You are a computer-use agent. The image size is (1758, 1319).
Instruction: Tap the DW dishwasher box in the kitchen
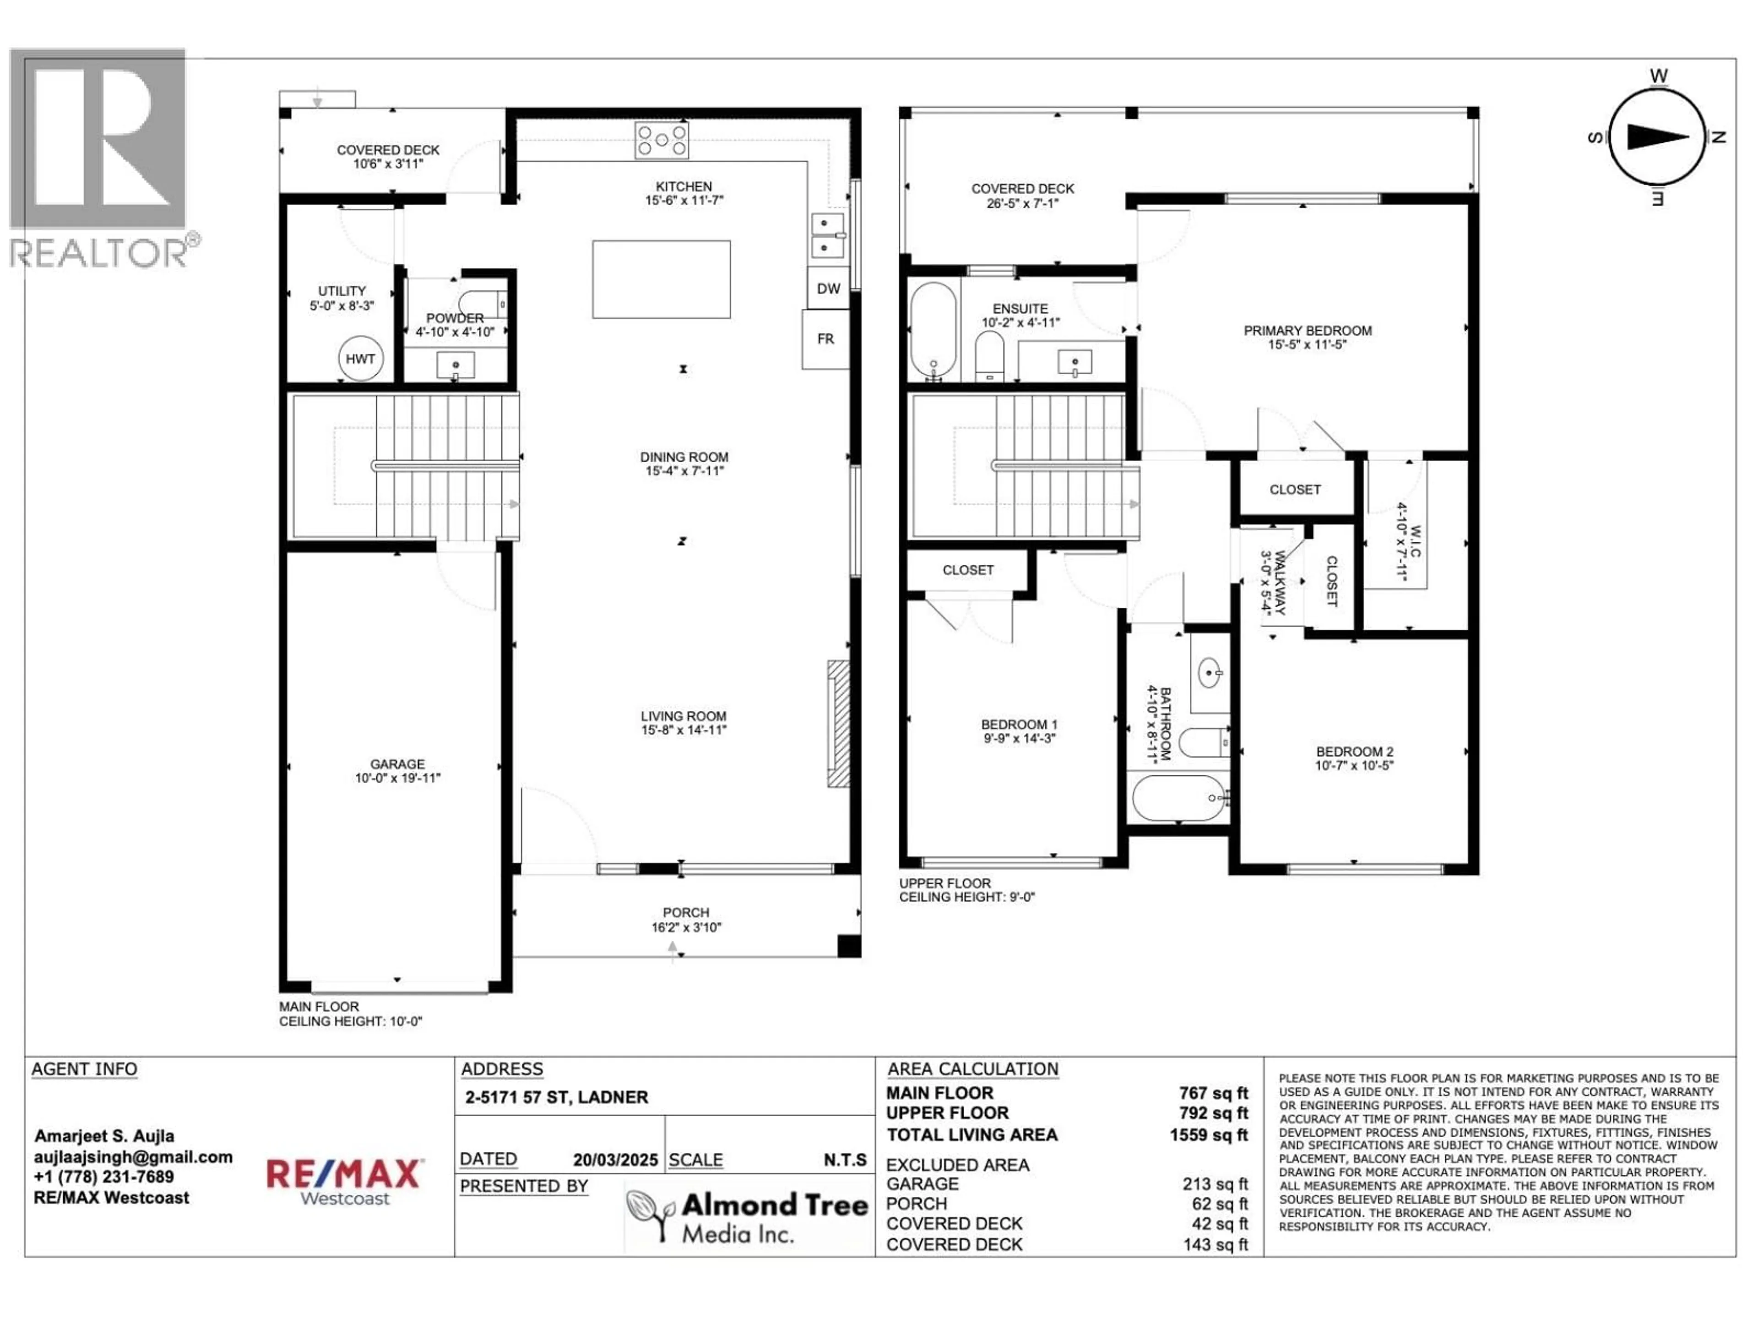click(828, 289)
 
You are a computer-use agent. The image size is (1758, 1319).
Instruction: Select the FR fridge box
click(826, 339)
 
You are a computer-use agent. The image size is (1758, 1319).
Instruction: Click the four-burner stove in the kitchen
click(661, 141)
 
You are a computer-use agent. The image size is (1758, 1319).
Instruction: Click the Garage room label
click(397, 764)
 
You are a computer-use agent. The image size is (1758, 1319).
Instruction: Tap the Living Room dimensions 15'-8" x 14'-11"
click(684, 730)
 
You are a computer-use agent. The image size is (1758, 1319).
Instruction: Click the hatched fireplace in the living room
click(838, 724)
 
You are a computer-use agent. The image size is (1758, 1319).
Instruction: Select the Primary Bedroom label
click(1308, 331)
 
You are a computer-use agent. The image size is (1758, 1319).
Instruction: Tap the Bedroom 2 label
click(1354, 752)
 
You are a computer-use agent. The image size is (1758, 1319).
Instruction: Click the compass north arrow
click(1657, 137)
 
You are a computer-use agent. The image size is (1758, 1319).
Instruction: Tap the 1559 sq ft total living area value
click(1208, 1135)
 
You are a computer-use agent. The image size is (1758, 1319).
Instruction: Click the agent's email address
click(133, 1157)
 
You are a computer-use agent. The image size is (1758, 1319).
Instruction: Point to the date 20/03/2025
click(615, 1160)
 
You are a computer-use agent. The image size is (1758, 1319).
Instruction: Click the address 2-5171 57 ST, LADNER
click(556, 1097)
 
